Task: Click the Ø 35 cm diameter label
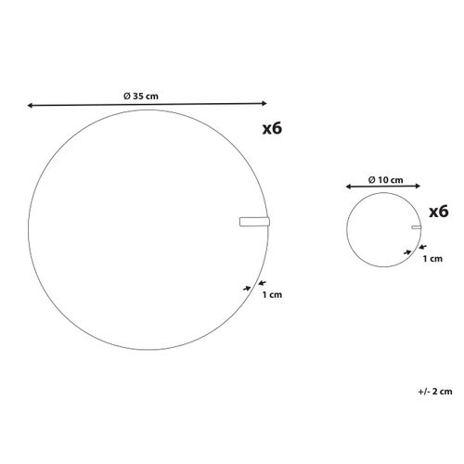point(141,97)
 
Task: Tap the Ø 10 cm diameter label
point(386,180)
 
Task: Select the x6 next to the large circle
point(272,128)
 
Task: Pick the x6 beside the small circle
point(439,212)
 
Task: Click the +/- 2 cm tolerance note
point(435,392)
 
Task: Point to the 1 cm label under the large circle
point(272,294)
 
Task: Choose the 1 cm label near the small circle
point(432,259)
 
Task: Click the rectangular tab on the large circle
point(254,222)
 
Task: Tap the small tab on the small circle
point(417,227)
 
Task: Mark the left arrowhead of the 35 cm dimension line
point(30,106)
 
